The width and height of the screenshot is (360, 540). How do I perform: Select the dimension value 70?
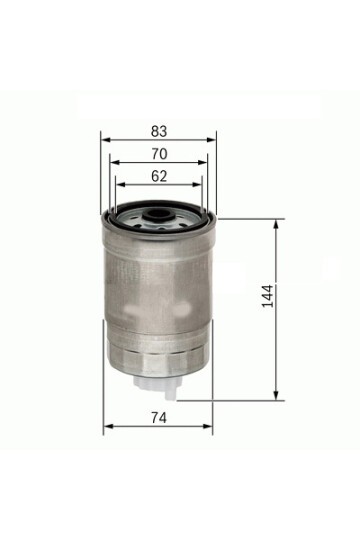click(x=159, y=155)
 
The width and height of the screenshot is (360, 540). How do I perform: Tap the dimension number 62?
click(x=159, y=177)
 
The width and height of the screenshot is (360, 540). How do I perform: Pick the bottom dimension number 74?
click(x=158, y=417)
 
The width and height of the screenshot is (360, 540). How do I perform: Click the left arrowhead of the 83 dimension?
click(x=105, y=140)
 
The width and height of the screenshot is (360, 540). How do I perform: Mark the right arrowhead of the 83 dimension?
click(x=212, y=140)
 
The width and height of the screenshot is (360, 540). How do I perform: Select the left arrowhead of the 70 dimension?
click(x=113, y=163)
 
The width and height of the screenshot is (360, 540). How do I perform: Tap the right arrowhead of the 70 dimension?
click(x=203, y=163)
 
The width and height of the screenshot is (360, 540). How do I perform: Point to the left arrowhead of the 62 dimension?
click(x=120, y=185)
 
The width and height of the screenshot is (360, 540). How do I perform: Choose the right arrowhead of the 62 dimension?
click(x=198, y=185)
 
